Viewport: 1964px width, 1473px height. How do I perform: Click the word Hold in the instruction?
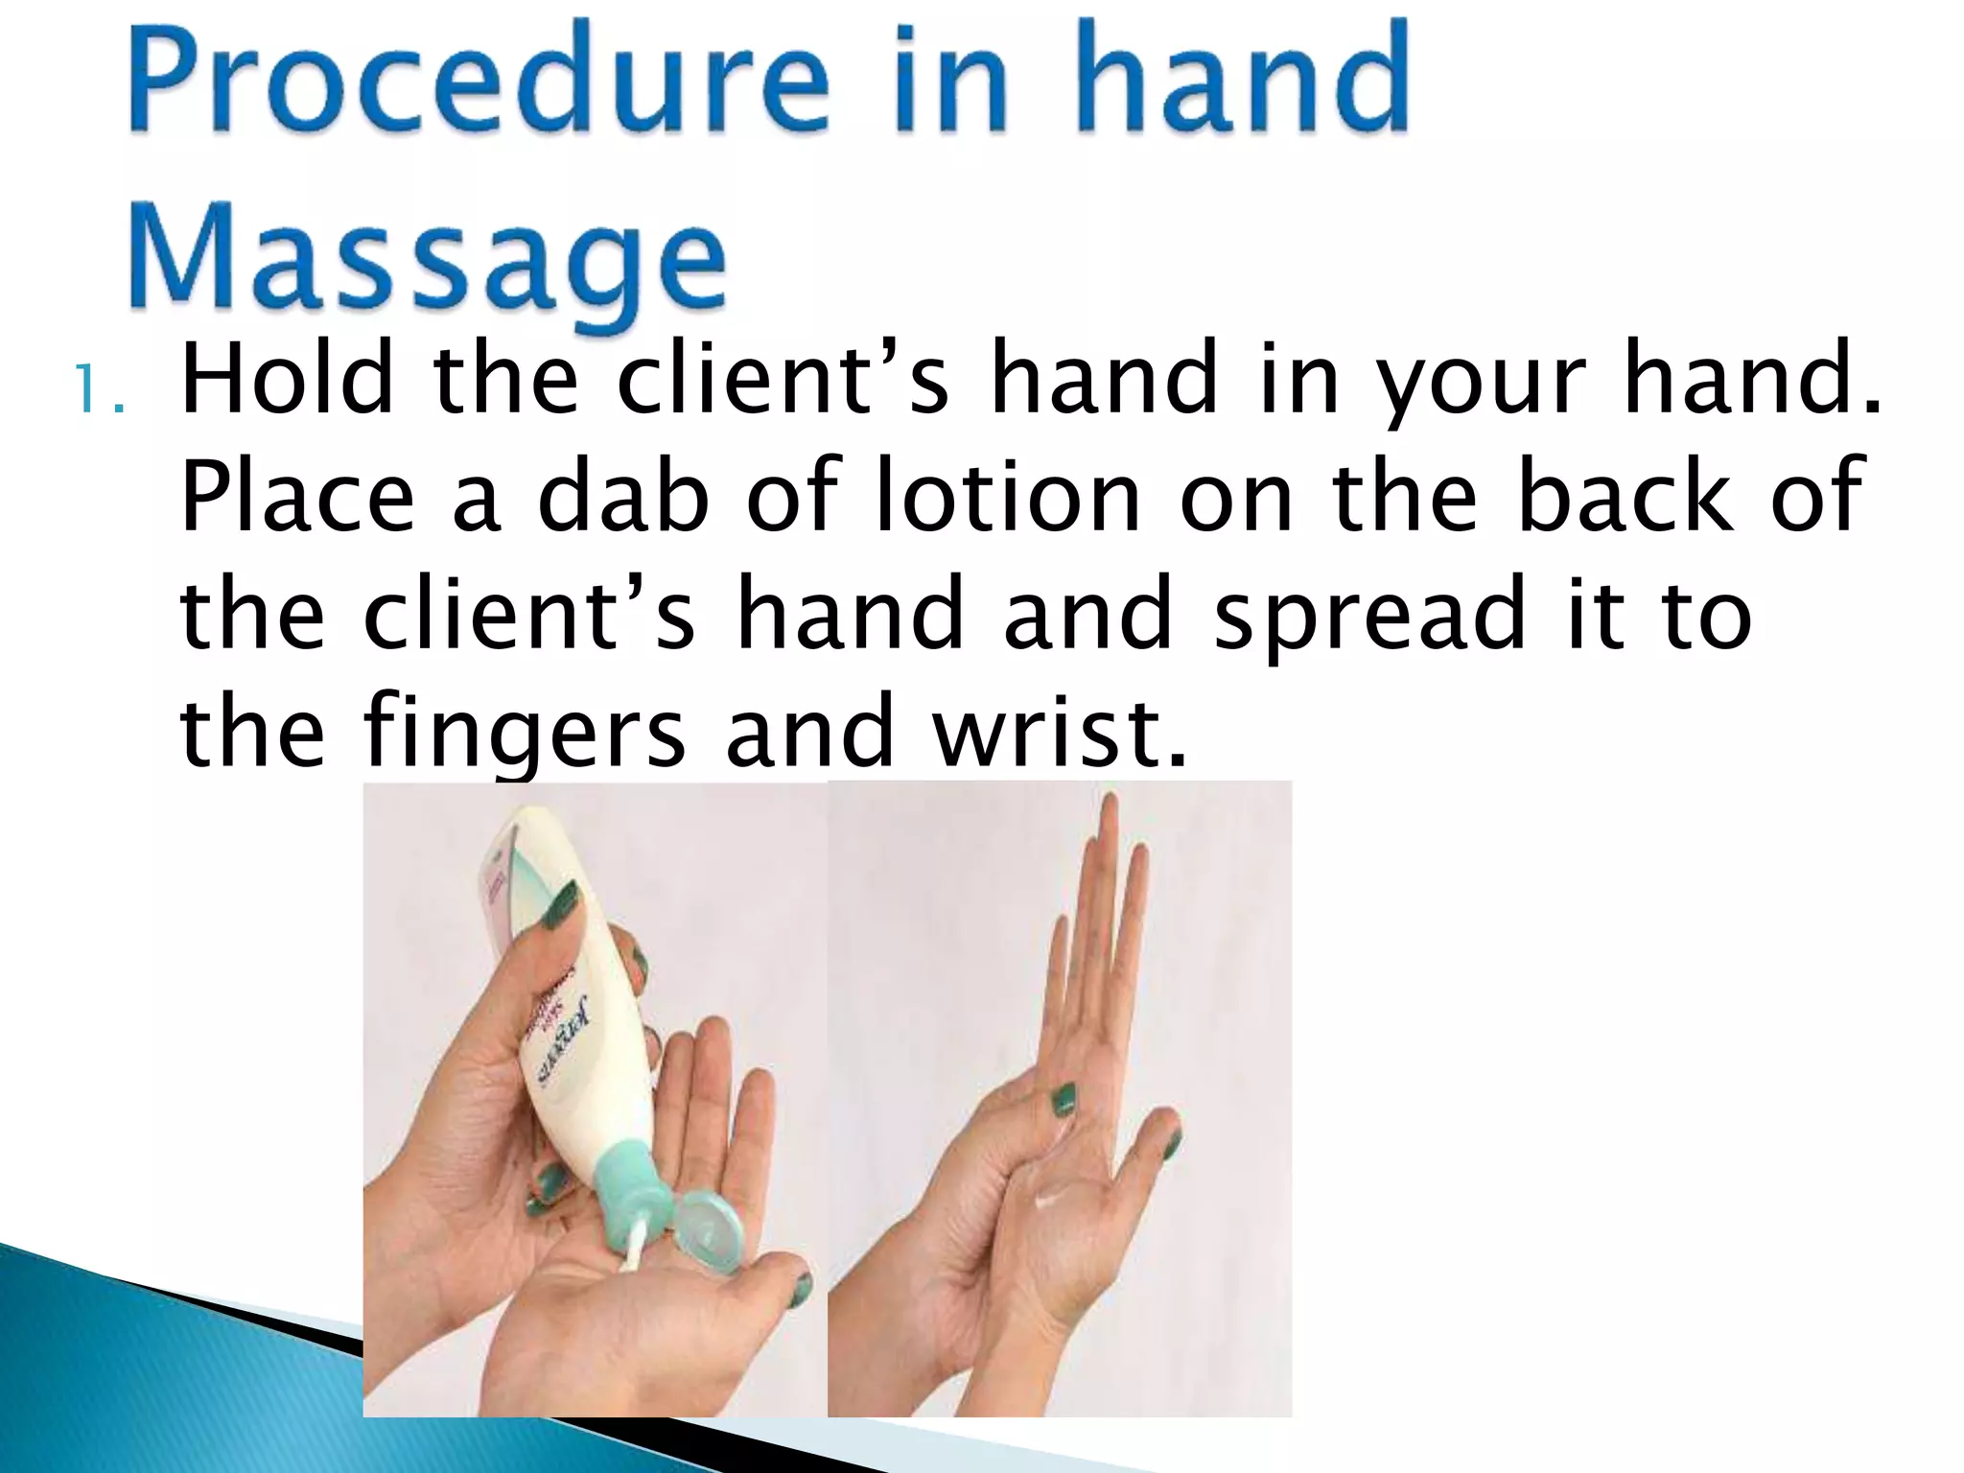[x=287, y=382]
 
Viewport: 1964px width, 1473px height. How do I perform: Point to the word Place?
[x=297, y=497]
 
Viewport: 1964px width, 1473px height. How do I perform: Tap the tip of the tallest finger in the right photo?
[x=1110, y=806]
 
